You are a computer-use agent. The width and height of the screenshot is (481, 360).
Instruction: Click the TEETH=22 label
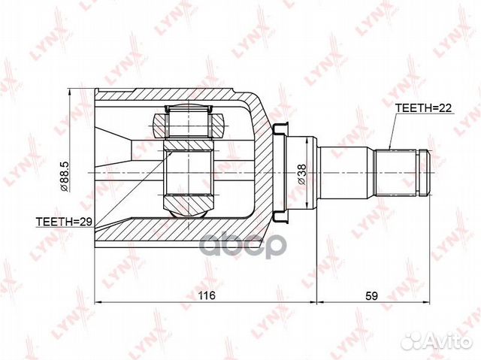point(422,108)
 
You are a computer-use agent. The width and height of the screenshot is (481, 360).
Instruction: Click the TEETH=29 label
point(65,222)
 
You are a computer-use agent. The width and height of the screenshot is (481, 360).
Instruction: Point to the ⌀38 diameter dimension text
point(302,174)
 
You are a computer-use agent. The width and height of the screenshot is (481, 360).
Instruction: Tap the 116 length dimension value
point(207,295)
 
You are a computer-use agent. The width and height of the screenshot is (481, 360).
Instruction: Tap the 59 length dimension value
point(371,295)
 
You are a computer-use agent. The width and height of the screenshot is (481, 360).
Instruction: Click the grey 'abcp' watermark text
point(241,245)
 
